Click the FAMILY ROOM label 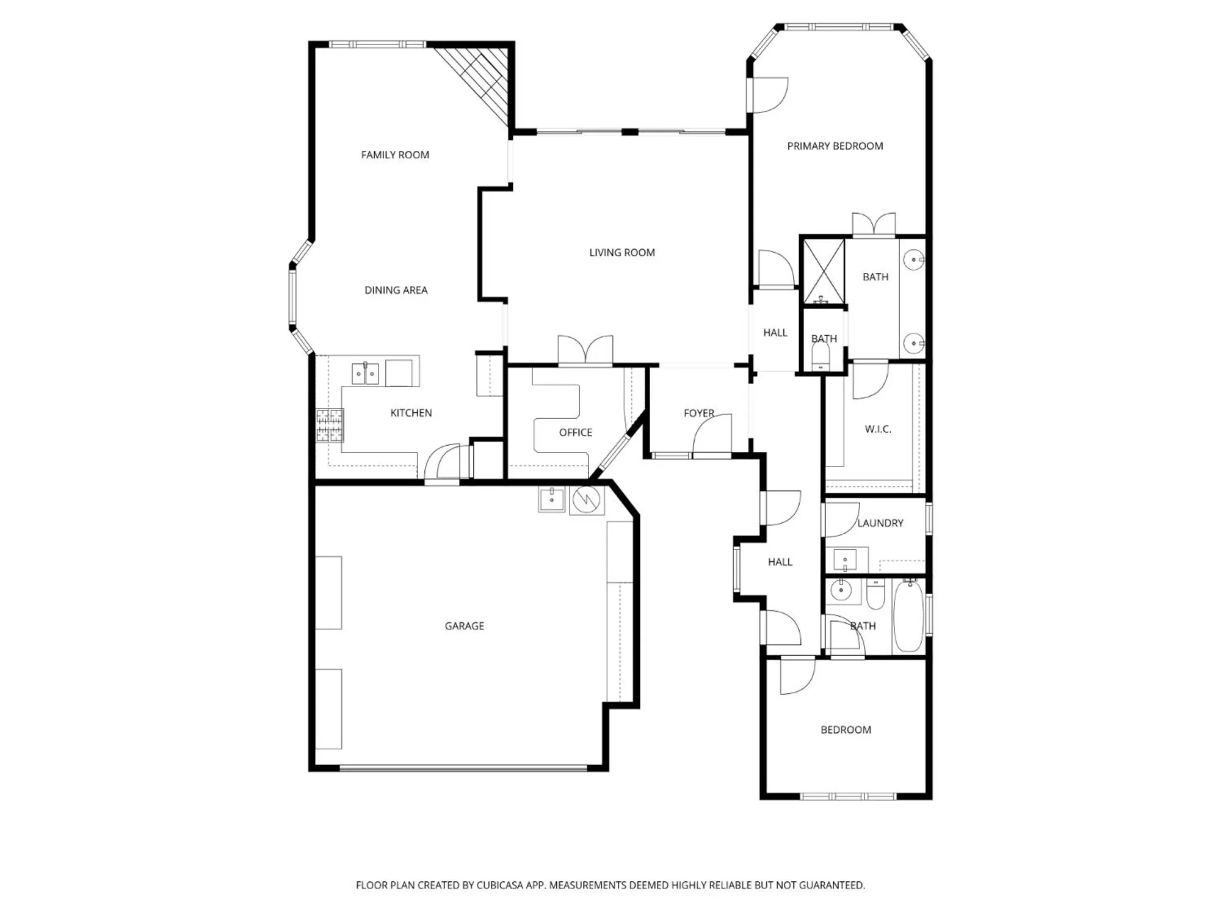[395, 155]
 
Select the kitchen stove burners [330, 425]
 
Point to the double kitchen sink [365, 373]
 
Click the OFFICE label [575, 432]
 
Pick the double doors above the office [585, 351]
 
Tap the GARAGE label [464, 626]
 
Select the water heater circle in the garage [587, 500]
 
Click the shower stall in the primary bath [823, 272]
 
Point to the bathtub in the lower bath [908, 617]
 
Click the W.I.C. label [877, 429]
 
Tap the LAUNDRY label [880, 523]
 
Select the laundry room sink [846, 559]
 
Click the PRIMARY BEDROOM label [835, 146]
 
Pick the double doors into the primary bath [874, 225]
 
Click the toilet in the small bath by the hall [821, 356]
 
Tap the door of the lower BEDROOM [797, 677]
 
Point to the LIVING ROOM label [621, 253]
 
